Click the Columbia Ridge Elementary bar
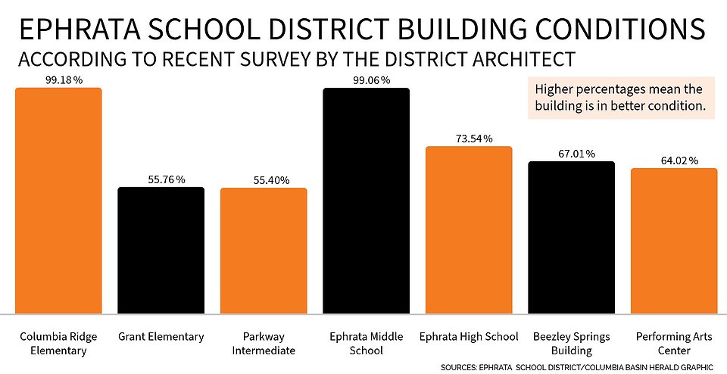tap(58, 200)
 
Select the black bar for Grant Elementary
tap(161, 250)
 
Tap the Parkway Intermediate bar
tap(264, 251)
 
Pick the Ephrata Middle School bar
tap(366, 201)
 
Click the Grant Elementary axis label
tap(161, 336)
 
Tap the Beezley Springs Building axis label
tap(571, 343)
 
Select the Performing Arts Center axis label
tap(674, 343)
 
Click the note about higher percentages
tap(619, 98)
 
